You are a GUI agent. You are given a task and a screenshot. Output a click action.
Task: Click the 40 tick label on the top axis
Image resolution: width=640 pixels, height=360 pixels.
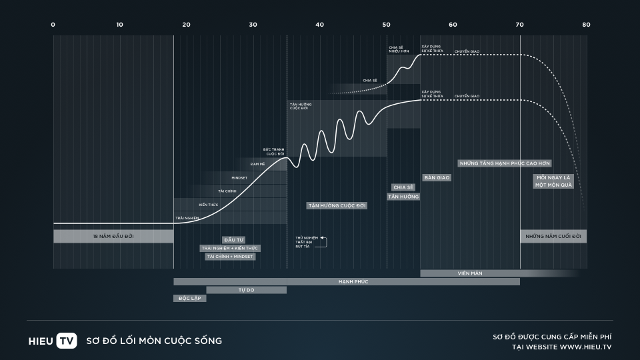tap(320, 25)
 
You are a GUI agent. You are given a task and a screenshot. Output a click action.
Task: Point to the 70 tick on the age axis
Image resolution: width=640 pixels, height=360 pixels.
tap(520, 25)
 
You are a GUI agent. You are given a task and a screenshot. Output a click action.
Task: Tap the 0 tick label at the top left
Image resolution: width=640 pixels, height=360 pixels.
tap(53, 25)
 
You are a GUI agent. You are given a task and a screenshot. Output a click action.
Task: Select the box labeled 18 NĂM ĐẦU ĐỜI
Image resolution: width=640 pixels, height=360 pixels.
tap(113, 236)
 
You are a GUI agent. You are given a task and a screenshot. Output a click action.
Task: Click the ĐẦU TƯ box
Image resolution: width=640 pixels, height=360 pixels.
tap(233, 239)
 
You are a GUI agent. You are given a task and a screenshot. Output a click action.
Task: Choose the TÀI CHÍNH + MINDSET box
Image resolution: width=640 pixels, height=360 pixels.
tap(231, 256)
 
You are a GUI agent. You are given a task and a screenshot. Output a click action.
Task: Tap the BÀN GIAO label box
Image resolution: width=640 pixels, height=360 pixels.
tap(437, 177)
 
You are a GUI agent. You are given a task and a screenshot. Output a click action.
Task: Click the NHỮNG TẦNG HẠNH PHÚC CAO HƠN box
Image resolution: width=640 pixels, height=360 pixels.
tap(505, 163)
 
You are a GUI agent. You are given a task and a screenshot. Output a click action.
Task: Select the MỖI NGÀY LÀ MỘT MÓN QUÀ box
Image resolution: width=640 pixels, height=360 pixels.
tap(553, 181)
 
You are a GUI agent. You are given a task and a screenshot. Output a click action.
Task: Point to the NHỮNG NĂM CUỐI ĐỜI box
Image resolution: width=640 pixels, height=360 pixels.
tap(553, 236)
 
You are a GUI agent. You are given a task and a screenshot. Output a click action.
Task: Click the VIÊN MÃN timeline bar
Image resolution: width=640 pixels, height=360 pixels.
tap(470, 273)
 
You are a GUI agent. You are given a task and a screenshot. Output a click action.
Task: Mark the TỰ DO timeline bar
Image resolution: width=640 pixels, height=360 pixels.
tap(246, 290)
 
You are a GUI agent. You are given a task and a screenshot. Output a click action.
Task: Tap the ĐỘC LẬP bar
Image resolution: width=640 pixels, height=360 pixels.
tap(190, 298)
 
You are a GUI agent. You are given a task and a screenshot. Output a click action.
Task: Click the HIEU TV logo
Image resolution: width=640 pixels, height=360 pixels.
tap(53, 341)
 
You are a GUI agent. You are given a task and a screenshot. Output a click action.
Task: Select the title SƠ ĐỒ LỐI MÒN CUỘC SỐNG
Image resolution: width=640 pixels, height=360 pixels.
tap(154, 341)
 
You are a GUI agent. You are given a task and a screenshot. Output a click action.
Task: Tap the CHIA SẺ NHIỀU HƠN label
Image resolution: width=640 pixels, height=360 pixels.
tap(399, 49)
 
